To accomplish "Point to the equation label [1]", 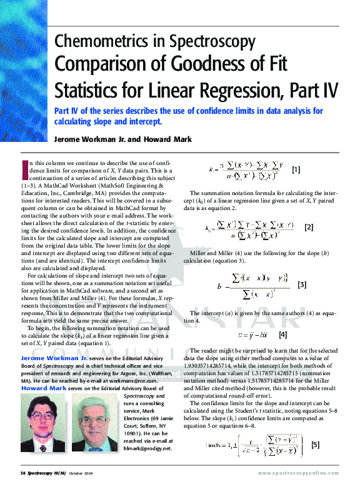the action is [x=296, y=169].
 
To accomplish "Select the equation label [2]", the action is [x=309, y=228].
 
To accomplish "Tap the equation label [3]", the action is [x=302, y=285].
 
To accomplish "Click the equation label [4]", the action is [x=282, y=335].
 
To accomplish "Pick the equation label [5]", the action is [x=316, y=445].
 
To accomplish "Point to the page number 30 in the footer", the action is [x=22, y=473].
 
